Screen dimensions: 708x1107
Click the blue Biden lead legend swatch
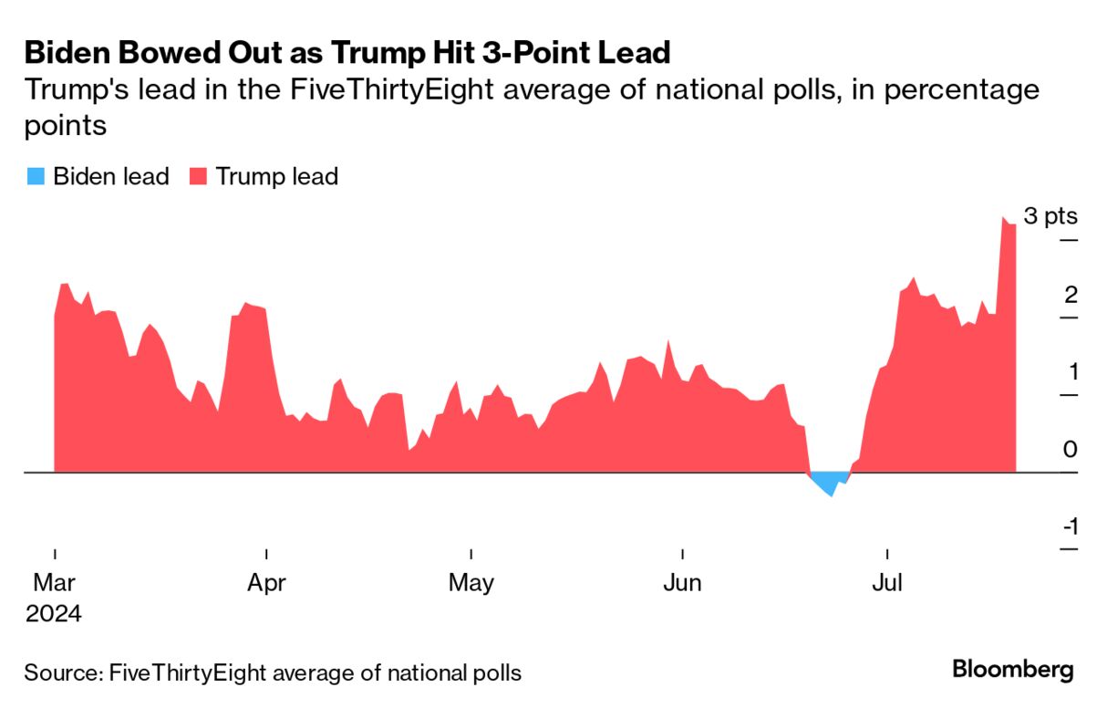click(x=34, y=176)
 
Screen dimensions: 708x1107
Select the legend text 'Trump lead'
click(x=276, y=176)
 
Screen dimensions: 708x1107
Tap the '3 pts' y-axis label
click(x=1050, y=217)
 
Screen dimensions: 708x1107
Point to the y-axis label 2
click(x=1071, y=295)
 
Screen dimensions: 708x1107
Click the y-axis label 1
click(x=1071, y=372)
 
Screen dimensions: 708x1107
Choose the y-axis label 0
click(x=1071, y=450)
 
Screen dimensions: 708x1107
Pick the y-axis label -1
click(x=1069, y=527)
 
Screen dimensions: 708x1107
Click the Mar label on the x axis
click(x=55, y=582)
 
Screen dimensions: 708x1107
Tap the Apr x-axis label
click(x=266, y=582)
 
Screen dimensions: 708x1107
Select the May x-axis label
click(x=471, y=582)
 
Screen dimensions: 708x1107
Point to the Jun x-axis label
click(x=682, y=582)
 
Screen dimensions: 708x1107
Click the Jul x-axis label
click(x=887, y=582)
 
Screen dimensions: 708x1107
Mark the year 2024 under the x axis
click(x=54, y=613)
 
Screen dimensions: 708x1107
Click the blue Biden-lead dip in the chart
click(x=828, y=482)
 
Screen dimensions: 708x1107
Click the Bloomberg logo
click(x=1013, y=669)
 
